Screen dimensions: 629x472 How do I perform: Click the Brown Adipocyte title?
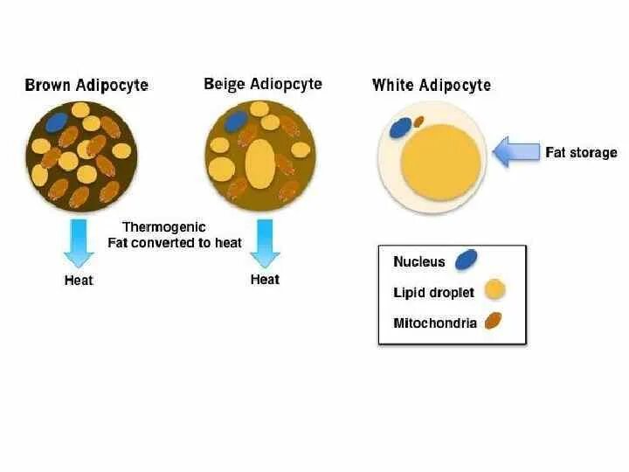point(86,86)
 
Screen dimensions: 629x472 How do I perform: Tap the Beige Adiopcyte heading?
point(262,84)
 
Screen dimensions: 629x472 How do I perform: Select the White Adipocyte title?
point(431,85)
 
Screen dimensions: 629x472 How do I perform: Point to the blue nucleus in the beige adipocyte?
point(237,121)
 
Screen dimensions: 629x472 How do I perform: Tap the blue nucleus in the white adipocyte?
point(400,128)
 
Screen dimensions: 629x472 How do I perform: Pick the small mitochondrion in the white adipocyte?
point(419,121)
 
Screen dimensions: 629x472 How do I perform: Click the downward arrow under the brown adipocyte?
point(79,242)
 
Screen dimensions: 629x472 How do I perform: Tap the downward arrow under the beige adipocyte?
point(265,242)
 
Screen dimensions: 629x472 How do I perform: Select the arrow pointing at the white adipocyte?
point(515,152)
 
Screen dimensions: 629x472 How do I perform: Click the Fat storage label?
point(581,152)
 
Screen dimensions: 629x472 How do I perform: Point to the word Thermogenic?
point(164,227)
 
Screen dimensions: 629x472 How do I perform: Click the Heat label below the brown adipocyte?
point(79,281)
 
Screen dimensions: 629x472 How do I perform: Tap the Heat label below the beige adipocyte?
point(265,280)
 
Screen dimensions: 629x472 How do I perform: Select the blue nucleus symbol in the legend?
point(467,260)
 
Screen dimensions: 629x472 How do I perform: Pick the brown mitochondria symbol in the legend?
point(493,322)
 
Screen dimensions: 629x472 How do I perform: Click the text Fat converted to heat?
point(175,243)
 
